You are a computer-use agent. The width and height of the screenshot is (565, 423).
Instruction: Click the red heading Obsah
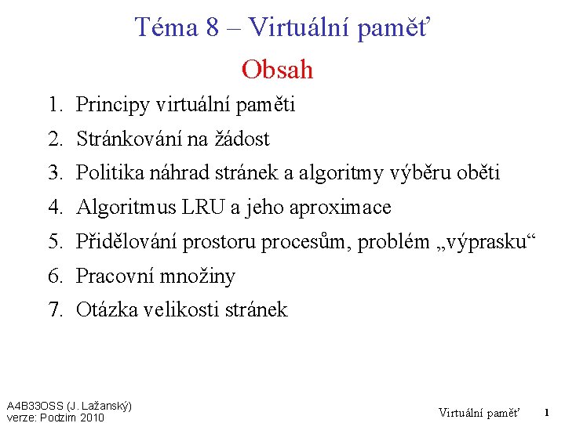[277, 70]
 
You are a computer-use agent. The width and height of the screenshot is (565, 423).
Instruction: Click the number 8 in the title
[212, 27]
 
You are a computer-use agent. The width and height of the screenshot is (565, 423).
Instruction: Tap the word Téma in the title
[166, 27]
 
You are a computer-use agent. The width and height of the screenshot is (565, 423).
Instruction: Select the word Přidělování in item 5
[126, 242]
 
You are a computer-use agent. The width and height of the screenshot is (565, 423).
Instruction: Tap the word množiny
[202, 276]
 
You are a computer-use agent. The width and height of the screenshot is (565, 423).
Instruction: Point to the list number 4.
[54, 208]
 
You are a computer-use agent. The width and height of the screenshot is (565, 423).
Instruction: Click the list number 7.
[54, 310]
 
